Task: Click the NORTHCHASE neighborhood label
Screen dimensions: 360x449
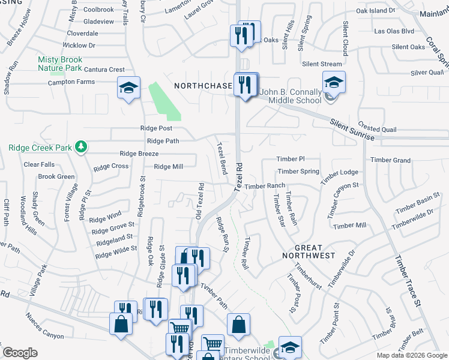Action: (203, 86)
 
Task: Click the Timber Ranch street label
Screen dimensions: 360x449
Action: (265, 186)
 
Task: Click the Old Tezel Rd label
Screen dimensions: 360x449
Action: (200, 201)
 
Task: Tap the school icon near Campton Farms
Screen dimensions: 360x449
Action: (128, 88)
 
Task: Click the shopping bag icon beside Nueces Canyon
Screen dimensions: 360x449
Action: (121, 324)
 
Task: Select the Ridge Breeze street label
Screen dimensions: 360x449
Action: (139, 154)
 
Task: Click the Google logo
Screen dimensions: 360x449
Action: (20, 353)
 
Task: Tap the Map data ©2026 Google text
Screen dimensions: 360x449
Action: (411, 355)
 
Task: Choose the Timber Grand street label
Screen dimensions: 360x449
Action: (390, 160)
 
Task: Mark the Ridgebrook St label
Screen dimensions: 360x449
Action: (142, 195)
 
